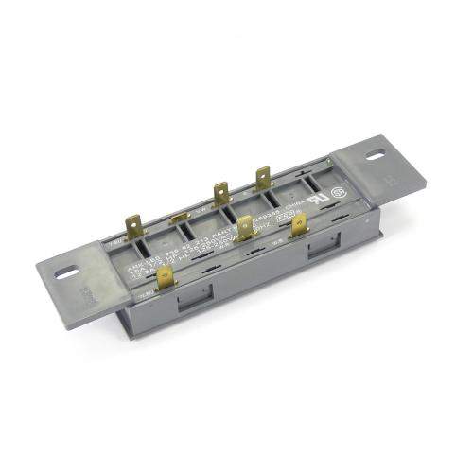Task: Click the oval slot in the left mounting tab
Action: point(67,273)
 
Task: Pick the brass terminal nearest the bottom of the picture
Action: point(166,279)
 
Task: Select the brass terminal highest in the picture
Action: point(262,179)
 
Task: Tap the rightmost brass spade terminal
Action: point(299,225)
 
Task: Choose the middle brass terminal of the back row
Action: point(221,195)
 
